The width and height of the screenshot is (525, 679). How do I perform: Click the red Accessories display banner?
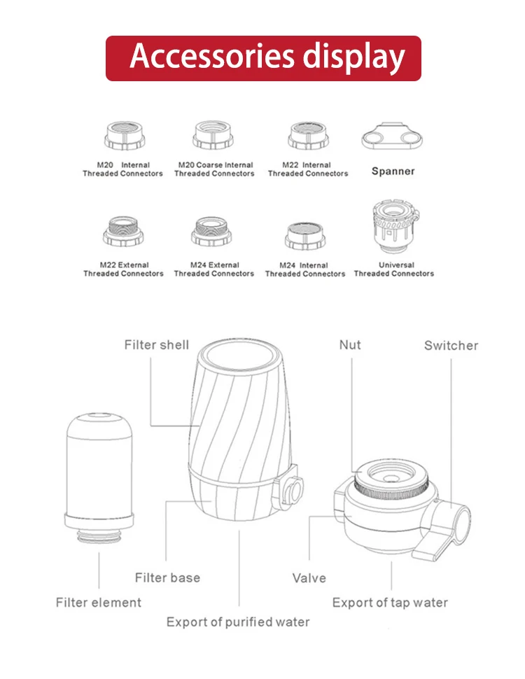click(263, 58)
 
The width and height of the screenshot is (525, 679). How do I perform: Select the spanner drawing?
click(392, 136)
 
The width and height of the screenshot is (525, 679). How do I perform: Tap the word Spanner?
click(393, 171)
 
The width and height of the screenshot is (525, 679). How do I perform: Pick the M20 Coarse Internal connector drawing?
click(213, 135)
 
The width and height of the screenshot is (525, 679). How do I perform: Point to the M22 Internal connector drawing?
click(308, 135)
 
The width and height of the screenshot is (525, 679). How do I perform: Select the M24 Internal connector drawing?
click(305, 235)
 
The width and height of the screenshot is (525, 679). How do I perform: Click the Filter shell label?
click(157, 345)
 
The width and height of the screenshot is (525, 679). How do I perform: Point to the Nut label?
click(350, 345)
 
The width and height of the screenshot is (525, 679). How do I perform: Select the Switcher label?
click(451, 346)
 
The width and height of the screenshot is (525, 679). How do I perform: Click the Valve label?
click(309, 578)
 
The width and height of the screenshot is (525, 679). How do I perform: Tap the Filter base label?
click(167, 578)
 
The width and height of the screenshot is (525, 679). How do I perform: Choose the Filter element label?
click(99, 602)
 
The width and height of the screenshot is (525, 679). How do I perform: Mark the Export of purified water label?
click(238, 622)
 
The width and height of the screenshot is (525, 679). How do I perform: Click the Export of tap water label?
click(390, 602)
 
